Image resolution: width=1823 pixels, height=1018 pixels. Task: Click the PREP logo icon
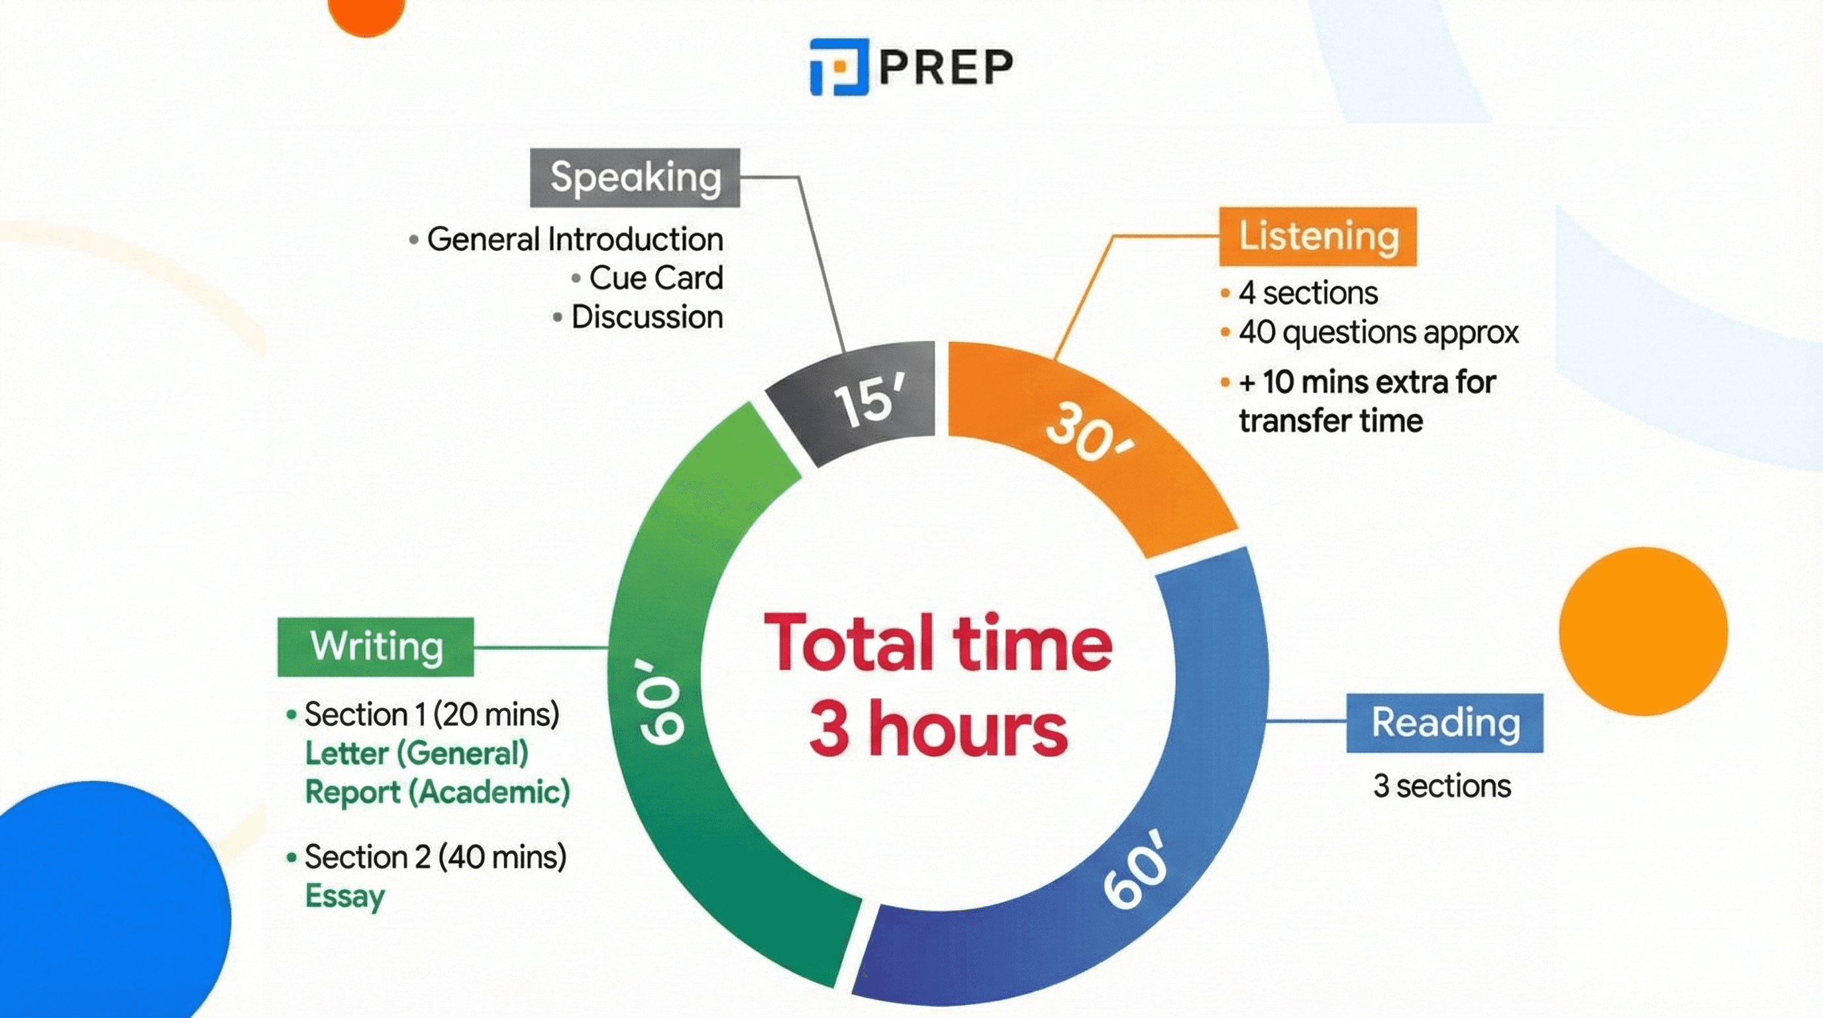[839, 66]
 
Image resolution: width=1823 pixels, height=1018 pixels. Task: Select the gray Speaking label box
[635, 177]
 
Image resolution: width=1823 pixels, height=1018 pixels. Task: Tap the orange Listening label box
[1318, 237]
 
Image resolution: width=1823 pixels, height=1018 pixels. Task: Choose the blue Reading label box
[1444, 723]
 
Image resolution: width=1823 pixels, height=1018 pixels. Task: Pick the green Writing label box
[376, 646]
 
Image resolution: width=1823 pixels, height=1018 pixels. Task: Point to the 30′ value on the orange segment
[1088, 433]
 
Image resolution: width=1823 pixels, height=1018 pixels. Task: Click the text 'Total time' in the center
[938, 643]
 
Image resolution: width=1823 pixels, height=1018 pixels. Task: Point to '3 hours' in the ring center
[938, 728]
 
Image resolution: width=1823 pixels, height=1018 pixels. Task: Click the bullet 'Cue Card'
[655, 278]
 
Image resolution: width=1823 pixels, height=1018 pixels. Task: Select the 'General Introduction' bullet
[574, 239]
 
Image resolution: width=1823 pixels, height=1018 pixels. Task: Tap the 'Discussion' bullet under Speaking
[647, 316]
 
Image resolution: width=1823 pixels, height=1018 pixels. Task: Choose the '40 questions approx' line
[1378, 332]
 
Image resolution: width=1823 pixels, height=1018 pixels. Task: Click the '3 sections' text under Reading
[1441, 786]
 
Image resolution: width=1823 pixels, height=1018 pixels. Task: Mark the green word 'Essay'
[344, 896]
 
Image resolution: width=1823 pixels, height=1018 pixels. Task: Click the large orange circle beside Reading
[1643, 632]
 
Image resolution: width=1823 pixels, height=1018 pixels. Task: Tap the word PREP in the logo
[945, 67]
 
